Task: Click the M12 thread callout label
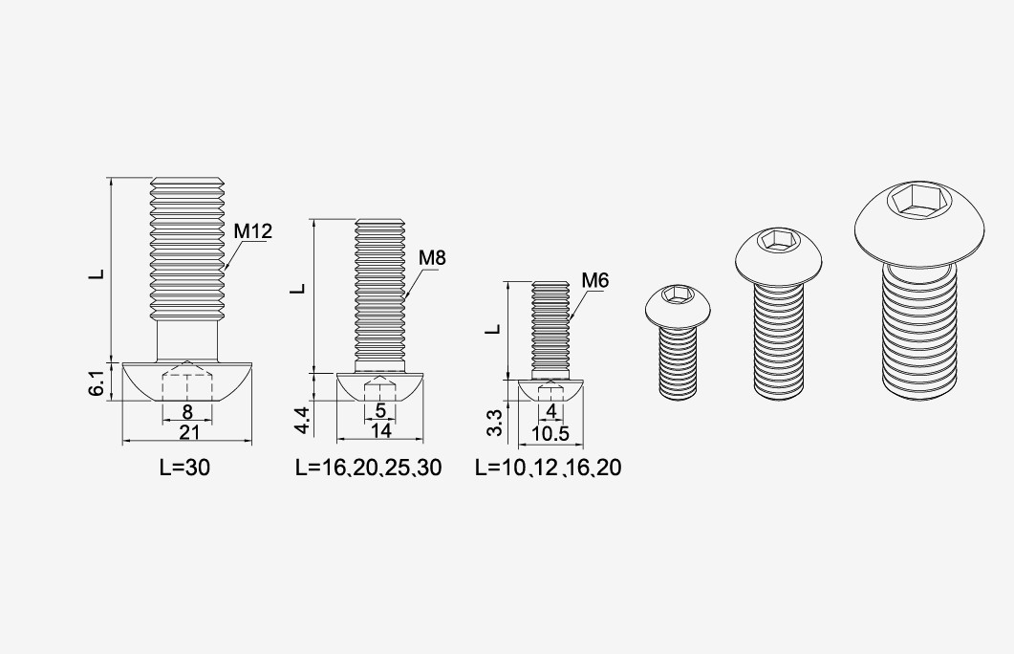[253, 231]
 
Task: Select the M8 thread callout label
[432, 257]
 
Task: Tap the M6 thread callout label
[595, 281]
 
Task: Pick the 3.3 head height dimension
[494, 423]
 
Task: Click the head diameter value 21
[189, 432]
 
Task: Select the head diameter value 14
[381, 430]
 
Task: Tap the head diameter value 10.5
[550, 433]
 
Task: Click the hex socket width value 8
[187, 412]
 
